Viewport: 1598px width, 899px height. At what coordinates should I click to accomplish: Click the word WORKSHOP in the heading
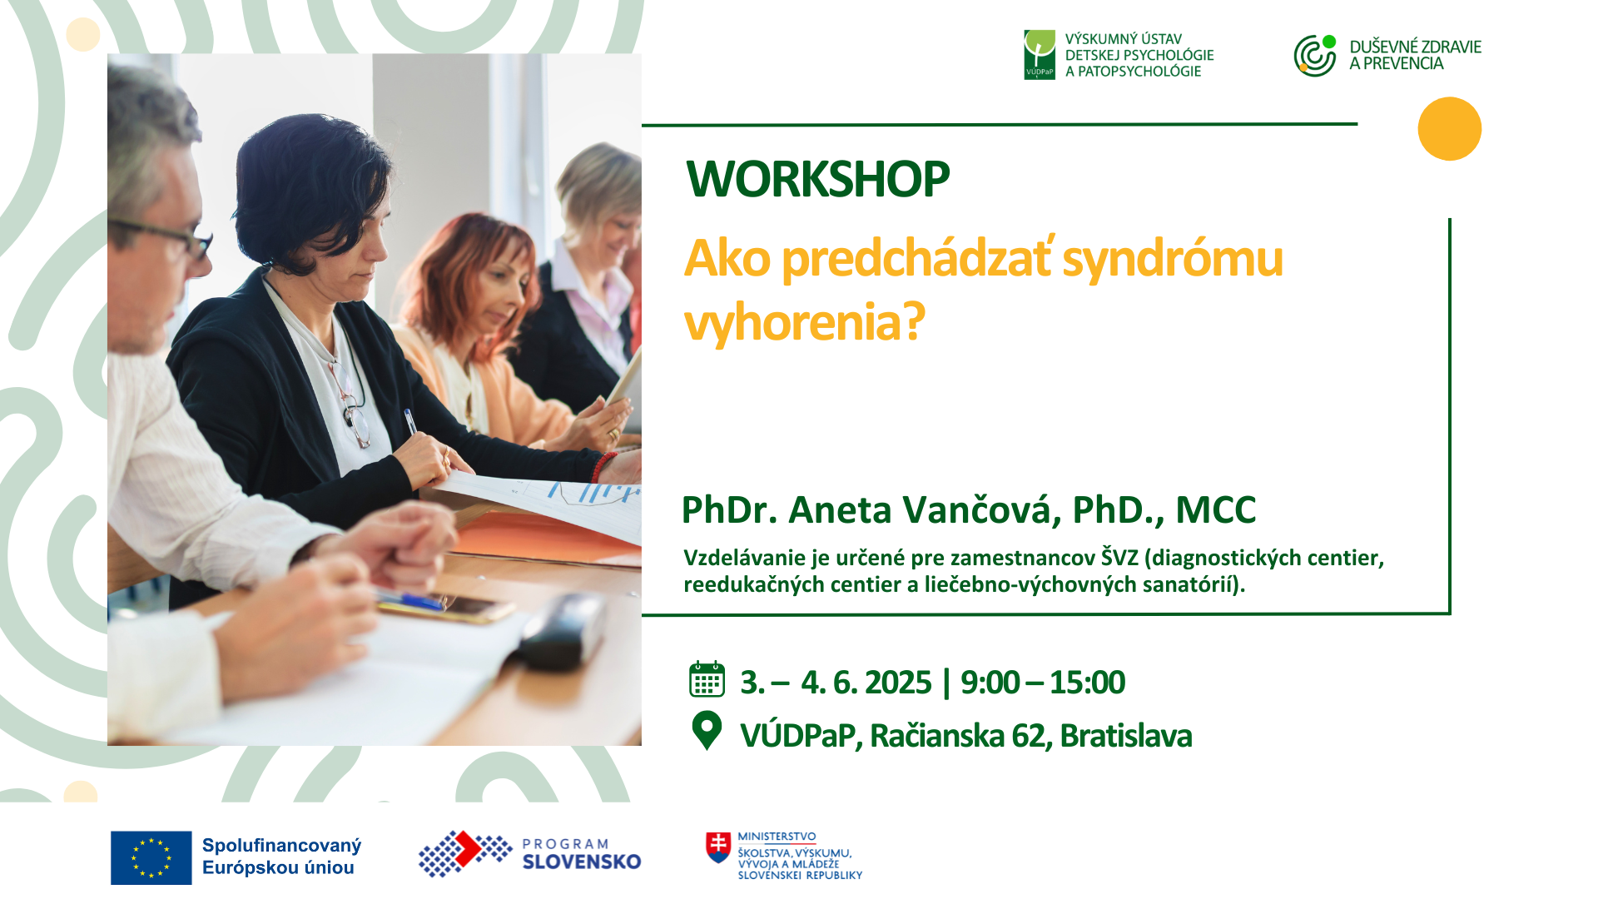[817, 178]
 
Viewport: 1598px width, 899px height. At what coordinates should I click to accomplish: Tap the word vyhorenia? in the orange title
[804, 322]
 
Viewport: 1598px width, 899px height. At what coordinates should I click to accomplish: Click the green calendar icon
[707, 679]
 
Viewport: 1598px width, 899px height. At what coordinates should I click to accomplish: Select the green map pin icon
[707, 731]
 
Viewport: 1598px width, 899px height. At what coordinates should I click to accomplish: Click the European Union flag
[151, 857]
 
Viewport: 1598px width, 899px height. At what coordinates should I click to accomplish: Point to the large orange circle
[1450, 129]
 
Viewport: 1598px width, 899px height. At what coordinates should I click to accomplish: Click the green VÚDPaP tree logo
[1040, 55]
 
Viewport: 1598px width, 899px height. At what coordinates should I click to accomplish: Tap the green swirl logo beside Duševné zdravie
[1315, 56]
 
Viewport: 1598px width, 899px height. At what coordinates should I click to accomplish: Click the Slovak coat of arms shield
[718, 847]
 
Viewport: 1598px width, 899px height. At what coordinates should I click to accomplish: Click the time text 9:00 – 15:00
[1042, 683]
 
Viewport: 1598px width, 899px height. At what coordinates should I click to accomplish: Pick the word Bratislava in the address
[1126, 736]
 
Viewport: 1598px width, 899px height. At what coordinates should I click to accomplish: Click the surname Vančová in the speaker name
[982, 509]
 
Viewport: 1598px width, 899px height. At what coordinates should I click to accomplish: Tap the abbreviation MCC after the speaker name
[1216, 510]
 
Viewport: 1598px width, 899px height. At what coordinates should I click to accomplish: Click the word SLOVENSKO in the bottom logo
[582, 862]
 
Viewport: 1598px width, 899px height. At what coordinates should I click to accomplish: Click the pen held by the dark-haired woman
[411, 421]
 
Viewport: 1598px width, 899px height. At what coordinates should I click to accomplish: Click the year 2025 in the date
[898, 683]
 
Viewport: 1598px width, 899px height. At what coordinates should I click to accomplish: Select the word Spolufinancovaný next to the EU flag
[281, 846]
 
